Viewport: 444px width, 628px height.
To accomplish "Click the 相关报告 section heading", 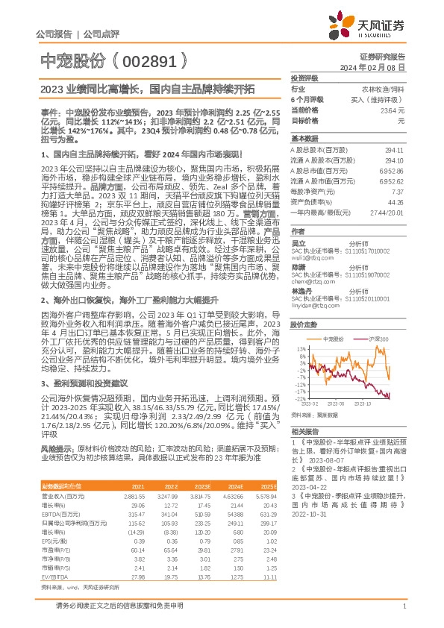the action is pyautogui.click(x=304, y=432).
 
